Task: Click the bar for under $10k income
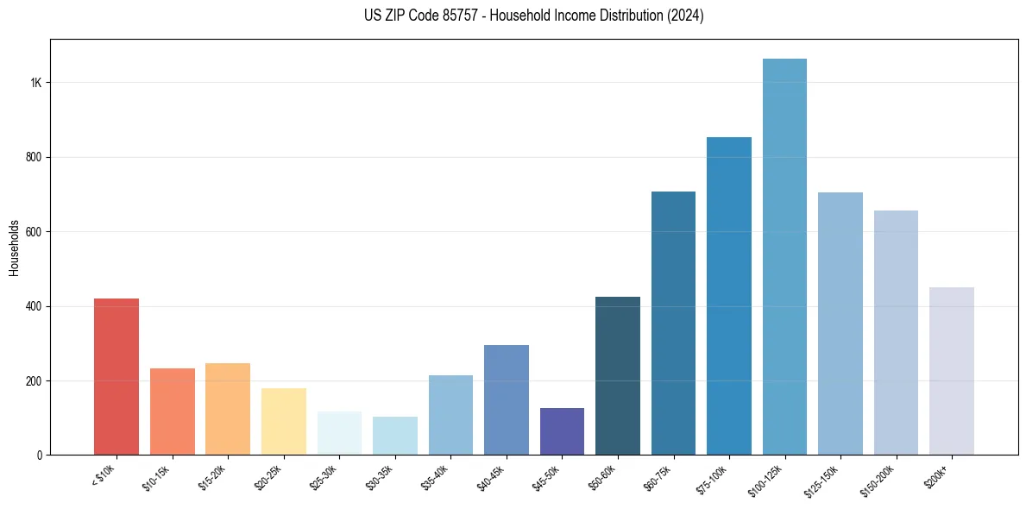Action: [116, 377]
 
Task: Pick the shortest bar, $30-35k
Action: [395, 436]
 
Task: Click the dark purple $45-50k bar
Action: [562, 431]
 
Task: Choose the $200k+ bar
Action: [952, 371]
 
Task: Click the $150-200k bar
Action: [896, 333]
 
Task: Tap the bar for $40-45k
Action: [507, 399]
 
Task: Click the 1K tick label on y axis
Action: [36, 83]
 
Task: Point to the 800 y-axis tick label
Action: [34, 157]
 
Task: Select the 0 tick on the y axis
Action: [39, 455]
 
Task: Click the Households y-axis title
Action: [14, 248]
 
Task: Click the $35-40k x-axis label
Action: [439, 476]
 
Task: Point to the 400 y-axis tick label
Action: [34, 306]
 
